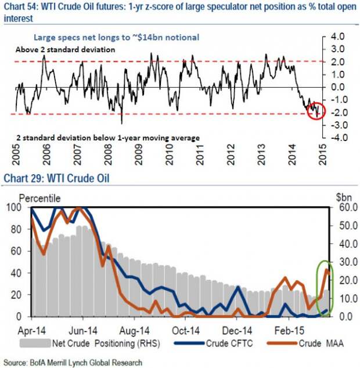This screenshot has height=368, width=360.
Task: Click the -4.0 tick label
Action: [x=340, y=138]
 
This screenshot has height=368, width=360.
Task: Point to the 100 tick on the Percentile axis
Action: [x=13, y=207]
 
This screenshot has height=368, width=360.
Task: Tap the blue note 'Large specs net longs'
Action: [x=117, y=37]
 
